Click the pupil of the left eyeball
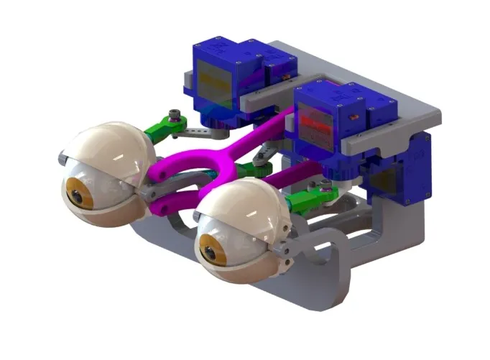(73, 192)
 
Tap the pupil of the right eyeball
(208, 252)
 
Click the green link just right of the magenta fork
(248, 169)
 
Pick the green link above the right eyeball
(305, 197)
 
